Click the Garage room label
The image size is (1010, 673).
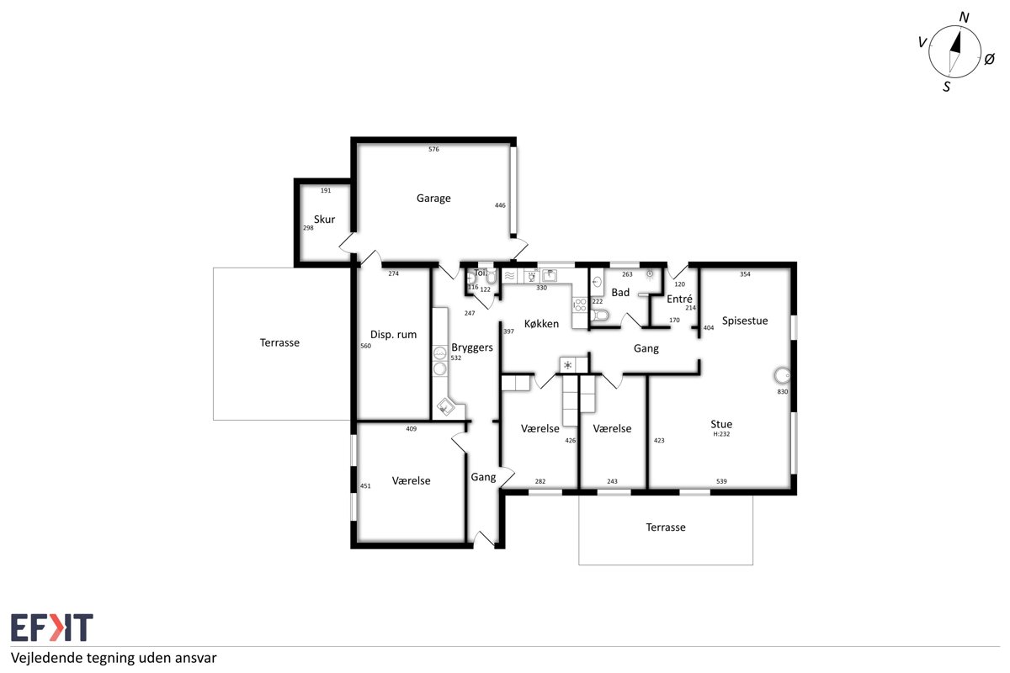click(433, 199)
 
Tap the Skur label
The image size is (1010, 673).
click(324, 219)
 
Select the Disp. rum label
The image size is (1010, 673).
click(393, 335)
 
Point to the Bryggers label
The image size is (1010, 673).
click(472, 347)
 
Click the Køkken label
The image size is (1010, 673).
click(541, 324)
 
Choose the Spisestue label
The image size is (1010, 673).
click(744, 321)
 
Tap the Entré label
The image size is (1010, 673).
click(679, 299)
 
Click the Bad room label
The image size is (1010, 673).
click(620, 293)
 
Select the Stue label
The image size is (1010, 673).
click(721, 424)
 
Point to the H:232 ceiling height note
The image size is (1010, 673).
click(721, 434)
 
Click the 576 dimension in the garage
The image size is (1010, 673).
click(433, 149)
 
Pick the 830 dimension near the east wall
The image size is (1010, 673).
click(782, 392)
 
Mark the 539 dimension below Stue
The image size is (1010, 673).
click(721, 481)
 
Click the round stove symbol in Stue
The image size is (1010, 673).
click(782, 375)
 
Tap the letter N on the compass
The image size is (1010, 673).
click(964, 17)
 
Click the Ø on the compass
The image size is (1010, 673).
click(989, 59)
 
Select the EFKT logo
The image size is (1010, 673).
click(52, 627)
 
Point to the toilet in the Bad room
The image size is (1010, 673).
click(599, 315)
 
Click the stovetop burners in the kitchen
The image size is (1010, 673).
click(580, 305)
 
